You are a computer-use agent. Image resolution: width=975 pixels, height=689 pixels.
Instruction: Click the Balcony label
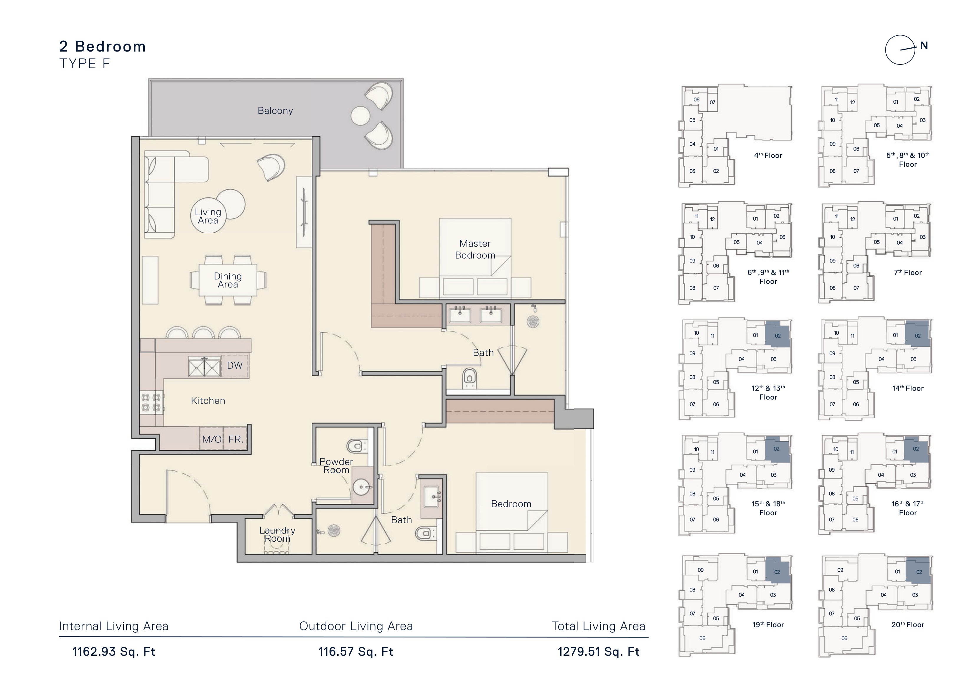[x=275, y=111]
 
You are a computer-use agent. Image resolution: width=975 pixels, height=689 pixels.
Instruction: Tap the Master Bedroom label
[x=475, y=249]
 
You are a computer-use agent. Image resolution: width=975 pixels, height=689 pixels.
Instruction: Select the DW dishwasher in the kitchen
[x=235, y=366]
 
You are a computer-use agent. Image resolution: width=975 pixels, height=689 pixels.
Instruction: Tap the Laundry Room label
[x=277, y=534]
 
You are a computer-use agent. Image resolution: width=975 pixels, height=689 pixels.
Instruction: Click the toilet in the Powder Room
[x=357, y=446]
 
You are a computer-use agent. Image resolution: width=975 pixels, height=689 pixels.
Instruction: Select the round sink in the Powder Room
[x=362, y=487]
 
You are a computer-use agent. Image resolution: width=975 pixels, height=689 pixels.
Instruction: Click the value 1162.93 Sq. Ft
[x=114, y=652]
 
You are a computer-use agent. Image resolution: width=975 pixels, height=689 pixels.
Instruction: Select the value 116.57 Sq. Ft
[x=356, y=652]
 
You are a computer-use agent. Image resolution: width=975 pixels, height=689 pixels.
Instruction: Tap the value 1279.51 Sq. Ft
[x=598, y=652]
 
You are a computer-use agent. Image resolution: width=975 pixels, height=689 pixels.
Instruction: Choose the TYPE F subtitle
[x=85, y=64]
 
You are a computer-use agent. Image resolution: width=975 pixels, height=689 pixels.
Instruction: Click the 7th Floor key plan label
[x=908, y=272]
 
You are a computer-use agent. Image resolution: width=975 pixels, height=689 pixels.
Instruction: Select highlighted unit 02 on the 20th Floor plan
[x=918, y=571]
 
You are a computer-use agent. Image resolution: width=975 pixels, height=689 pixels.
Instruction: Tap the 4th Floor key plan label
[x=768, y=155]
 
